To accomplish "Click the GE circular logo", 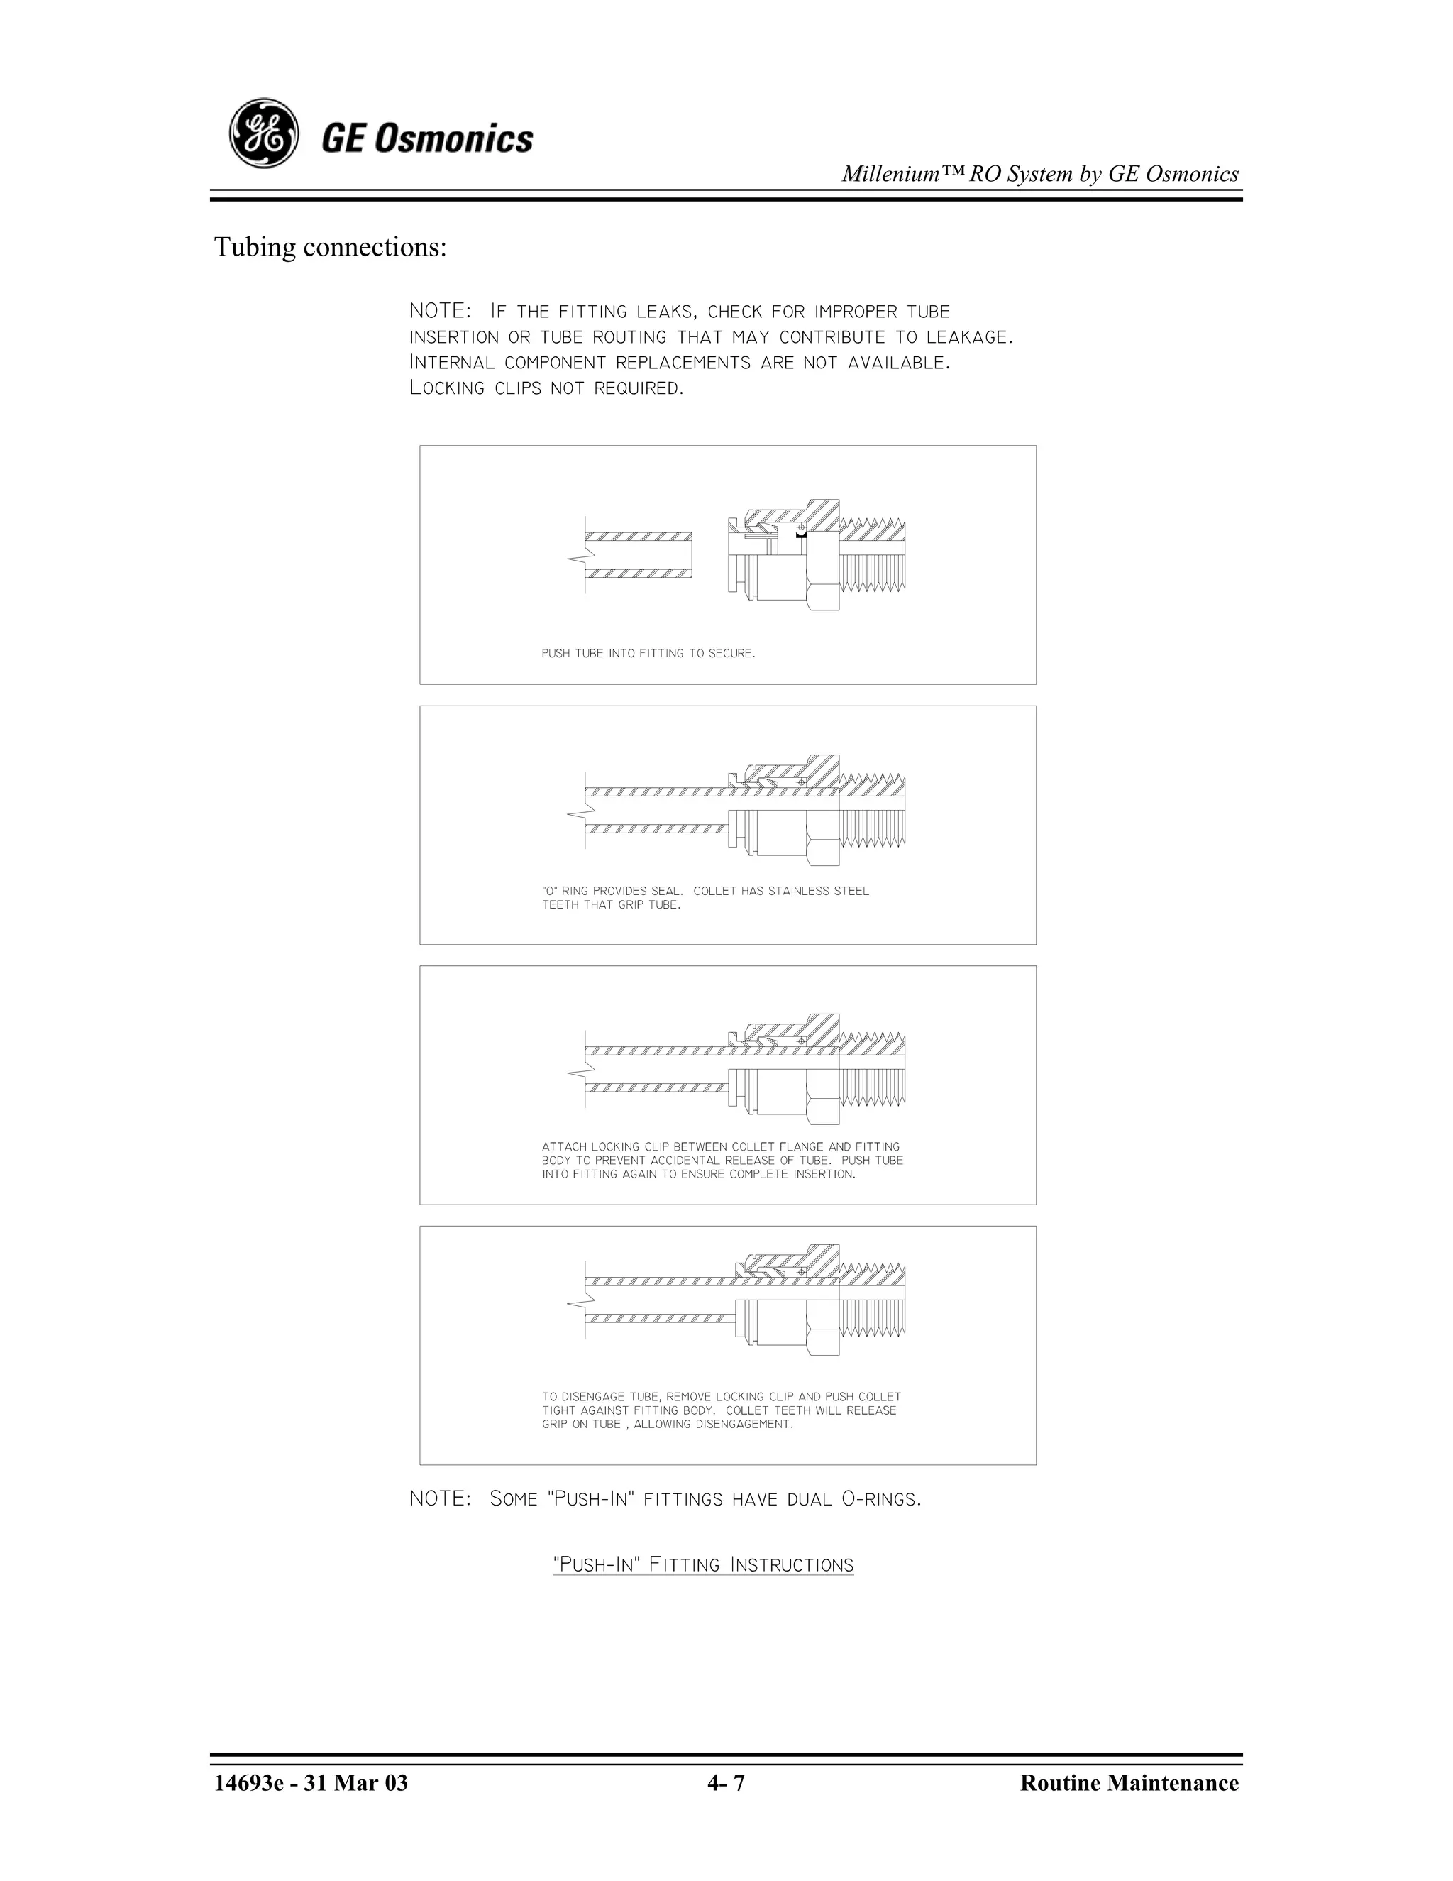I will [x=263, y=133].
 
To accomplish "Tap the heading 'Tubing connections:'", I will [x=331, y=247].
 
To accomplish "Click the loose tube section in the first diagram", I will [x=639, y=554].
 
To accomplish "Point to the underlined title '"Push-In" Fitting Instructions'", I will [x=702, y=1564].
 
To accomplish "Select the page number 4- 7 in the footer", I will [x=726, y=1783].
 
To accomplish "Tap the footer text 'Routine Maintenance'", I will [x=1129, y=1783].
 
